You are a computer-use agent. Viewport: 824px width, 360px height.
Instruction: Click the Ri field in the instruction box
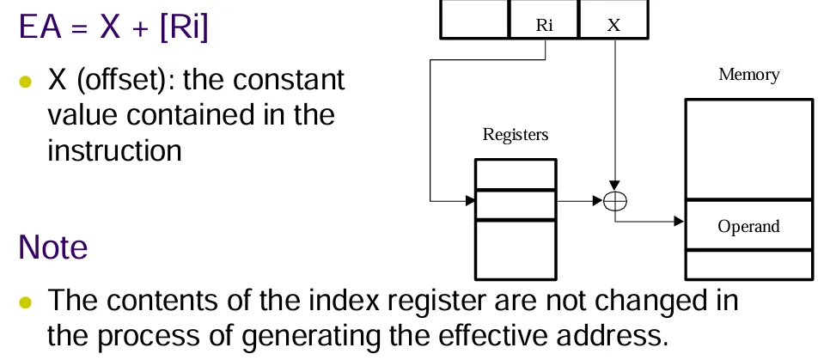544,23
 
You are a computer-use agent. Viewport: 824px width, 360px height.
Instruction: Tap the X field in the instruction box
613,23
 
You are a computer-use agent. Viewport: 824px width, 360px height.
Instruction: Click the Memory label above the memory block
748,75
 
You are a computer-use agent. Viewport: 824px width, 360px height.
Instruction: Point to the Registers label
516,134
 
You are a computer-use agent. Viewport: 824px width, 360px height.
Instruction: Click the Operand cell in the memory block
748,227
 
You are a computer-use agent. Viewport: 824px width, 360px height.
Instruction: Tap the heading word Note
53,247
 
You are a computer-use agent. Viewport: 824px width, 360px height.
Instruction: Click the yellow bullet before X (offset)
26,82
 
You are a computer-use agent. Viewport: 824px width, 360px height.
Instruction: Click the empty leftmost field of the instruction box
474,19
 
